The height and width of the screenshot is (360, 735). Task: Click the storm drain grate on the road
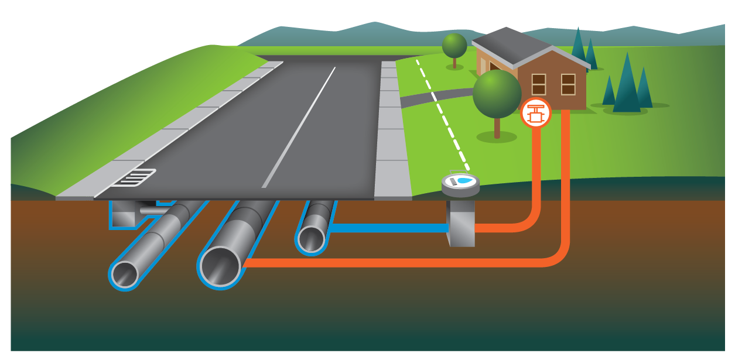(134, 177)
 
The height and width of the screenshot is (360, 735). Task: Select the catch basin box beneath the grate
(122, 216)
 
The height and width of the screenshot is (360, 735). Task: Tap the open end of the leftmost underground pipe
(125, 274)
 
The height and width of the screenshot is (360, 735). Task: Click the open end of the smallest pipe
(311, 239)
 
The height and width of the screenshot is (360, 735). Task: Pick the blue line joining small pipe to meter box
(387, 228)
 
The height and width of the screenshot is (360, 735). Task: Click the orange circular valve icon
(535, 112)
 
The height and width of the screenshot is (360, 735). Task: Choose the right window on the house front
(568, 84)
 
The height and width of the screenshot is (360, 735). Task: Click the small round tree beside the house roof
(454, 46)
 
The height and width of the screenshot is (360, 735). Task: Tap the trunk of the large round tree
(497, 128)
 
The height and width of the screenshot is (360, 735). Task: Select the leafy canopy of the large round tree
(497, 94)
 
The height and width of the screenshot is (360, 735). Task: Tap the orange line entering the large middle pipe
(398, 262)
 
